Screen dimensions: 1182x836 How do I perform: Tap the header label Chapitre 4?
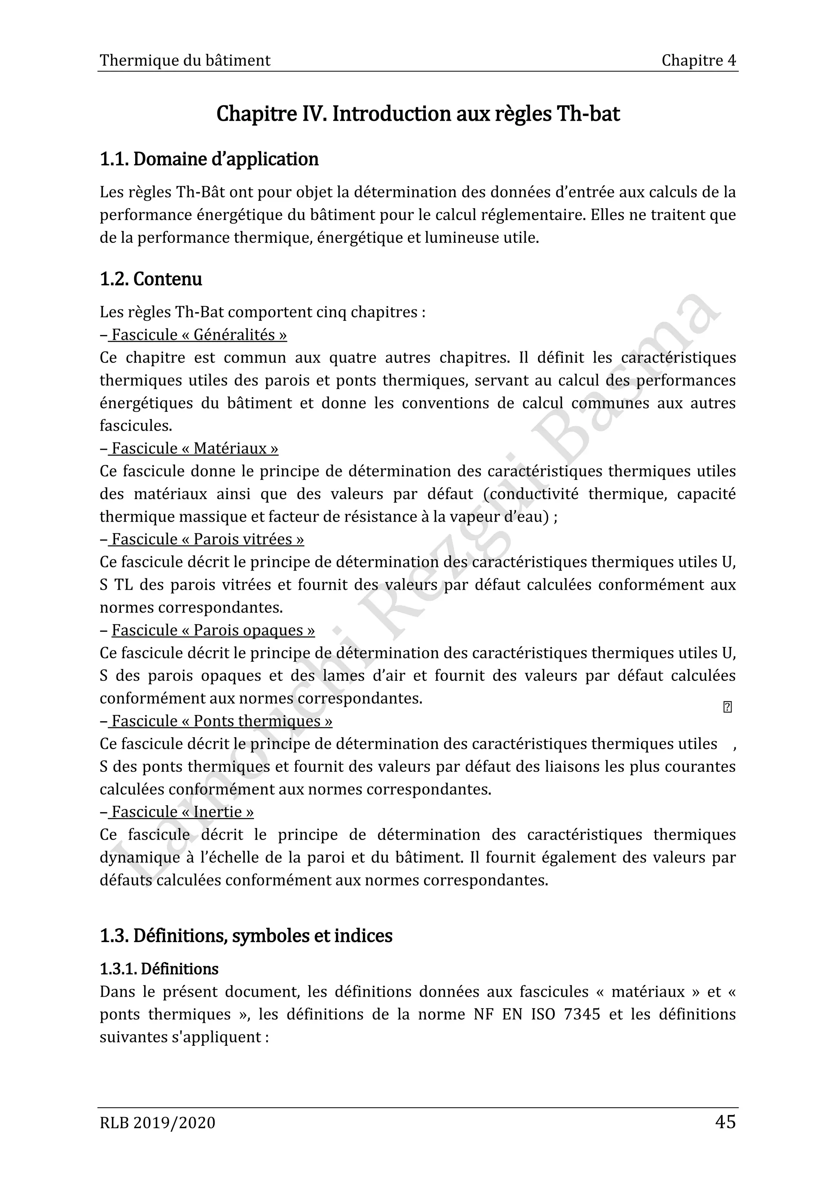click(x=698, y=61)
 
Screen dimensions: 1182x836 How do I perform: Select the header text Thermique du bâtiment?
click(x=185, y=61)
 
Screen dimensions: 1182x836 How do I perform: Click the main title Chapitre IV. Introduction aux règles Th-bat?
click(x=418, y=114)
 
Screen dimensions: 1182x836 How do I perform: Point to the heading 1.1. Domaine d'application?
click(x=209, y=159)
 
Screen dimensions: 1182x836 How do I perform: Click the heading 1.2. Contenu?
click(x=151, y=279)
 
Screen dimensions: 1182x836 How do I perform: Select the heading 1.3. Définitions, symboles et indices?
click(x=246, y=935)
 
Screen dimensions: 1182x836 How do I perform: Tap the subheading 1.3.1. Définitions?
click(x=159, y=969)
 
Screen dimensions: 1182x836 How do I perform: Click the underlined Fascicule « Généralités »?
click(x=199, y=335)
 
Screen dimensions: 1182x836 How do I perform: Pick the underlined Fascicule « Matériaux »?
click(x=195, y=449)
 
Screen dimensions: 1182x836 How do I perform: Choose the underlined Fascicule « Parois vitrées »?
click(x=207, y=539)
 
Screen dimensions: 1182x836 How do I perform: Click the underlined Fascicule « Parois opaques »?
click(x=213, y=630)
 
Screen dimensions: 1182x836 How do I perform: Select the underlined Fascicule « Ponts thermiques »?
click(x=221, y=721)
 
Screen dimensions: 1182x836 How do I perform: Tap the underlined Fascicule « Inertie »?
click(x=182, y=812)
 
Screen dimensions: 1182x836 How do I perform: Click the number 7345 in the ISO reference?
click(x=582, y=1014)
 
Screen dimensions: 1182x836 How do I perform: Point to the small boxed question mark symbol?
click(x=727, y=707)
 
